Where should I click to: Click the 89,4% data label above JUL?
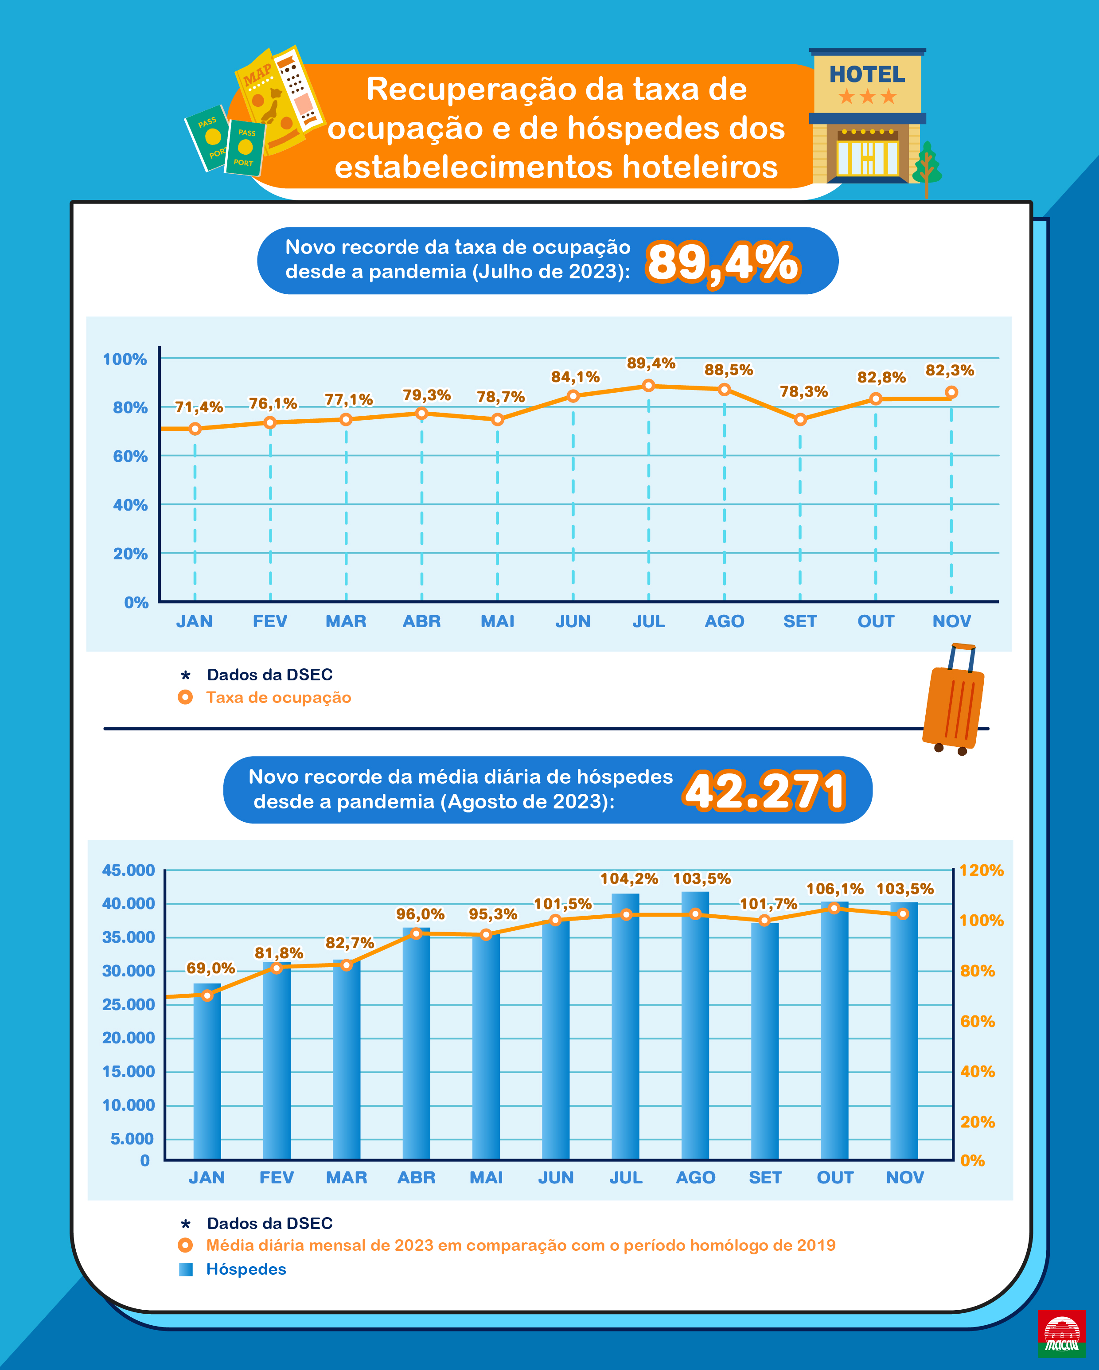(x=651, y=363)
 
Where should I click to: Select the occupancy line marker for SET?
(x=800, y=419)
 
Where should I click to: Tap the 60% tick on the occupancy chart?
(x=130, y=456)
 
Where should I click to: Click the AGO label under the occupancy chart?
(x=724, y=621)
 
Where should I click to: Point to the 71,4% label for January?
(x=199, y=407)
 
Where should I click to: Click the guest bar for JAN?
(x=207, y=1073)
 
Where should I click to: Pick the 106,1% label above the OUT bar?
(x=835, y=889)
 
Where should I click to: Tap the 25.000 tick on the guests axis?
(x=129, y=1005)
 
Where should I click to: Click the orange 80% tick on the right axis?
(x=977, y=971)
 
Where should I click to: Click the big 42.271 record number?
(x=764, y=791)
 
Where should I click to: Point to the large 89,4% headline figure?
(x=722, y=262)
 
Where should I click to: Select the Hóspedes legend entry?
(x=246, y=1269)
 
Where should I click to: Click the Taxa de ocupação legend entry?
(x=278, y=698)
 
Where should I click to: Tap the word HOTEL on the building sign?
(x=867, y=75)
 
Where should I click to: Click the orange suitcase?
(x=952, y=705)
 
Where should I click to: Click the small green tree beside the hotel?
(x=927, y=167)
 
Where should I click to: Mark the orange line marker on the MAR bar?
(x=346, y=965)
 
